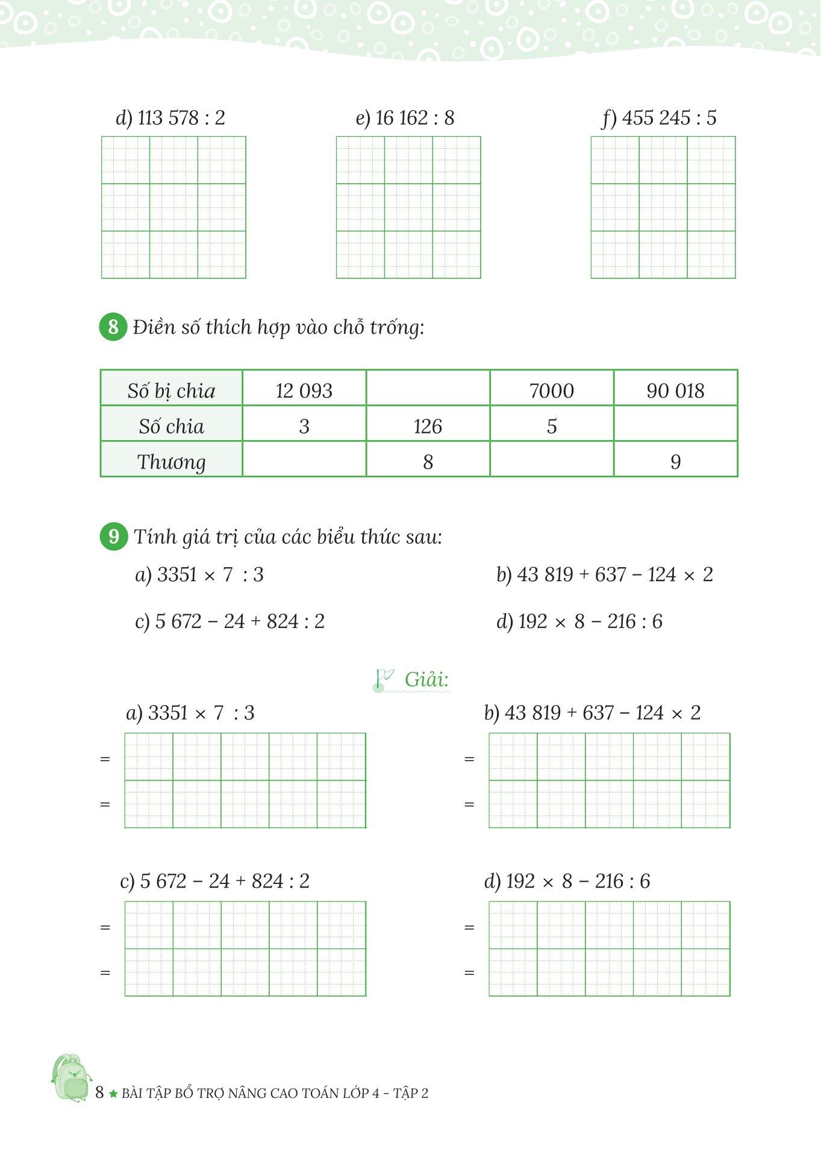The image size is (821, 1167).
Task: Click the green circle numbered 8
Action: pyautogui.click(x=113, y=327)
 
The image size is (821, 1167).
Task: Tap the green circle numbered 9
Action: pyautogui.click(x=113, y=536)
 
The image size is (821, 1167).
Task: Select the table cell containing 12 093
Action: pyautogui.click(x=304, y=390)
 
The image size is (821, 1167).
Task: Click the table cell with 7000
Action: pyautogui.click(x=551, y=390)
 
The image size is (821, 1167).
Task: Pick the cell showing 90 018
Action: pyautogui.click(x=675, y=390)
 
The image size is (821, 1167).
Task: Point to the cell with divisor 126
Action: pyautogui.click(x=428, y=426)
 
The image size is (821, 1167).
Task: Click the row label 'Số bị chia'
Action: pyautogui.click(x=171, y=390)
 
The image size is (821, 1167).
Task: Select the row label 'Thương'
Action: pyautogui.click(x=171, y=461)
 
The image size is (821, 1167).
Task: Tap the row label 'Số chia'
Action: pyautogui.click(x=171, y=426)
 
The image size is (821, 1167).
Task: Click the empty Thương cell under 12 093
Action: pyautogui.click(x=304, y=461)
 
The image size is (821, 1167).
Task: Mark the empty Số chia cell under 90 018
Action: pyautogui.click(x=675, y=426)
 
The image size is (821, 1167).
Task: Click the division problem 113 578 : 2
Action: pyautogui.click(x=170, y=117)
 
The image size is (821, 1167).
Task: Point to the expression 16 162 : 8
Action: pyautogui.click(x=405, y=117)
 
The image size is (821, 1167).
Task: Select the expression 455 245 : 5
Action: pyautogui.click(x=660, y=117)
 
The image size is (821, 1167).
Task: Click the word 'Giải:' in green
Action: pyautogui.click(x=427, y=679)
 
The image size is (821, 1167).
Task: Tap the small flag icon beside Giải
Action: pyautogui.click(x=383, y=678)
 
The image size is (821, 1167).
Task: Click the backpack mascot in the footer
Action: pyautogui.click(x=71, y=1078)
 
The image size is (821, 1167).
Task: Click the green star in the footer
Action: pyautogui.click(x=113, y=1094)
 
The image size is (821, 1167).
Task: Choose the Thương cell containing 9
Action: pyautogui.click(x=675, y=461)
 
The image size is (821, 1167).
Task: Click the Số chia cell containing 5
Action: pyautogui.click(x=551, y=426)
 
